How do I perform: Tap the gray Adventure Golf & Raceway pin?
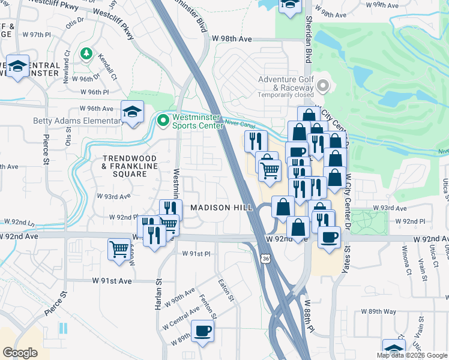[324, 87]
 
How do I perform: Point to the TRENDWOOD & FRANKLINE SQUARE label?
[124, 166]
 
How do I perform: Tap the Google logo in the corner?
[20, 353]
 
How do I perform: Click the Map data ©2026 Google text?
[412, 355]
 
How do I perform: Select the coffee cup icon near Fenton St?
[202, 331]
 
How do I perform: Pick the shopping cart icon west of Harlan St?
[119, 248]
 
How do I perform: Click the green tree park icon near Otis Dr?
[86, 54]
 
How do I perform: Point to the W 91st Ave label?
[112, 280]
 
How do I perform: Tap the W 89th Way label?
[379, 311]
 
